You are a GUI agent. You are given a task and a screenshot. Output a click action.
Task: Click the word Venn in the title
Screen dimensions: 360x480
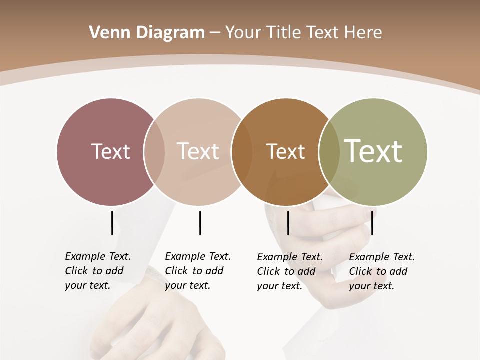click(106, 32)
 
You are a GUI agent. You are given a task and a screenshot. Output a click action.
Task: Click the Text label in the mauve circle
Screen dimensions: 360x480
click(110, 151)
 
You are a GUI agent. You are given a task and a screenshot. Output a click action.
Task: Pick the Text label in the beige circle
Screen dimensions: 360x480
click(198, 151)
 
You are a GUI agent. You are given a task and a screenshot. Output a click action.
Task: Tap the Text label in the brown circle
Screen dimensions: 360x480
click(285, 151)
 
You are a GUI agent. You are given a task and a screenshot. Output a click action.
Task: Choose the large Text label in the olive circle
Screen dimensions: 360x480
click(373, 151)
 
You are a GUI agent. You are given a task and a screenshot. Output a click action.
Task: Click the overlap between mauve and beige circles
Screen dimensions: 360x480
click(154, 152)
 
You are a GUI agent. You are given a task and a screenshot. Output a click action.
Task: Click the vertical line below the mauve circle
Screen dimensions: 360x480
click(112, 223)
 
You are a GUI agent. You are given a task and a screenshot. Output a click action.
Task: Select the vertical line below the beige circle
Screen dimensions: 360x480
click(200, 223)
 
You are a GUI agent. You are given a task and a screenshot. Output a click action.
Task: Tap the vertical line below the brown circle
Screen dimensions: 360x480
click(288, 223)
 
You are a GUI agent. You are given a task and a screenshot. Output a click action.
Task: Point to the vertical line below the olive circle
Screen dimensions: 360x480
click(372, 223)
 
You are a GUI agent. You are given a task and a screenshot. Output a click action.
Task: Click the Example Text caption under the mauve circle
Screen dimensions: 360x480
click(97, 271)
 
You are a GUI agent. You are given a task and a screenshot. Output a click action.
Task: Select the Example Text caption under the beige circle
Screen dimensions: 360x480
click(197, 271)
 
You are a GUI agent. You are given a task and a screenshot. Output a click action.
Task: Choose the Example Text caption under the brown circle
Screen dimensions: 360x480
click(289, 271)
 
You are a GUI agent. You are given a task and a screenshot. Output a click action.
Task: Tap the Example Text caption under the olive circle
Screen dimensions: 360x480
click(381, 271)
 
